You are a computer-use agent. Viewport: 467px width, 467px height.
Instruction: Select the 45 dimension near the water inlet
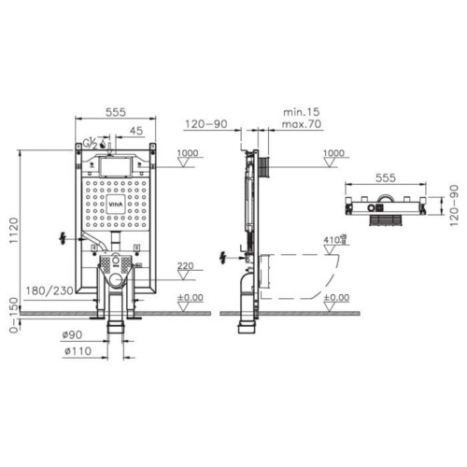135,130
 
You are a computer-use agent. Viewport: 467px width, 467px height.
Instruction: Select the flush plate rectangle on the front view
113,166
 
